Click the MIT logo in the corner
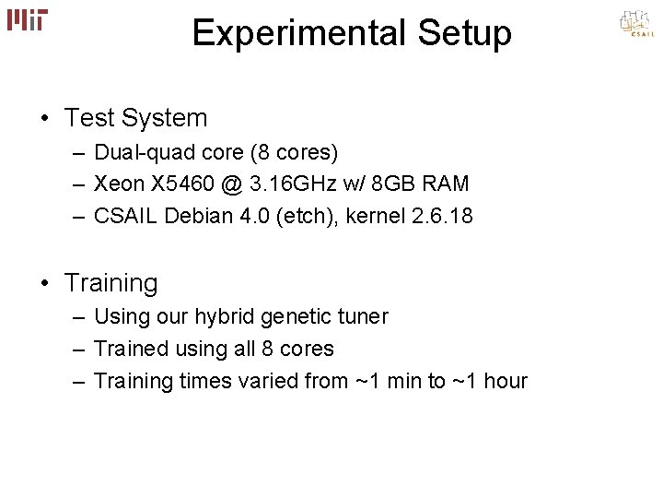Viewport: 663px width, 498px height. tap(28, 19)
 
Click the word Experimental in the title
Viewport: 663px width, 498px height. tap(280, 33)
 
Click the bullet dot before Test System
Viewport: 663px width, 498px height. tap(44, 119)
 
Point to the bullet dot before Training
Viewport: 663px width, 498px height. tap(44, 283)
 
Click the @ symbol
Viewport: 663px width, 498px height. tap(231, 184)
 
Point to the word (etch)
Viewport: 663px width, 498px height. tap(313, 217)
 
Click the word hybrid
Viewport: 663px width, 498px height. tap(225, 317)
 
